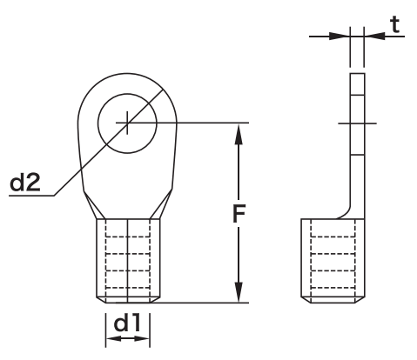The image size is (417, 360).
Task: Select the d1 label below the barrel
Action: [x=127, y=322]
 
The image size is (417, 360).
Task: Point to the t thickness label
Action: [x=394, y=23]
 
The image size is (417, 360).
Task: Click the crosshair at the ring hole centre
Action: [x=127, y=123]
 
